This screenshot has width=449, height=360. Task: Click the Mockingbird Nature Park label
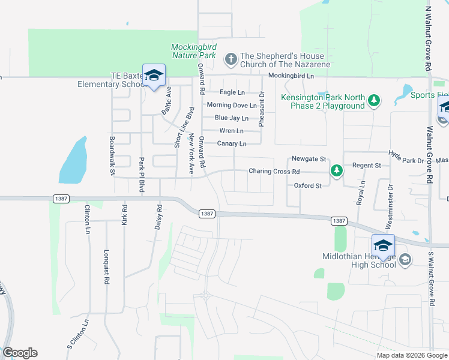coord(193,51)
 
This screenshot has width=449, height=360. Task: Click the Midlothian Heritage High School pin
coord(383,245)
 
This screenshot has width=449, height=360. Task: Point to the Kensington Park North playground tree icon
coord(375,99)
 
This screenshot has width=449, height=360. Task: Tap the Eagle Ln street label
coord(232,92)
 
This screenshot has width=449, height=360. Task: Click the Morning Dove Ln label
coord(231,105)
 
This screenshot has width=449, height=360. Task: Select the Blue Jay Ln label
coord(231,118)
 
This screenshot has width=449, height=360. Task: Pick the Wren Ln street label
coord(231,131)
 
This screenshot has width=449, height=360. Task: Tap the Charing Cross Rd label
coord(274,172)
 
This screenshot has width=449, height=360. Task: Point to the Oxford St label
coord(308,186)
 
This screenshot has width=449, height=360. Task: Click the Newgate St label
coord(309,159)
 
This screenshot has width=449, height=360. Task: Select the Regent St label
coord(367,165)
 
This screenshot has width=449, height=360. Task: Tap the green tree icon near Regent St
coord(337,172)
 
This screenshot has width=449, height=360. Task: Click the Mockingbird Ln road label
coord(291,76)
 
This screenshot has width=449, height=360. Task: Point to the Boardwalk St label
coord(112,155)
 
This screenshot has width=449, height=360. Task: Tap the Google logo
coord(20,353)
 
